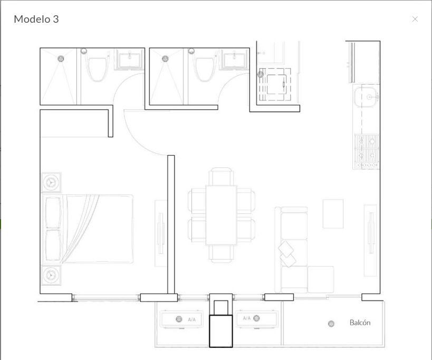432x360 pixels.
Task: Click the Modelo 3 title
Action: pyautogui.click(x=36, y=20)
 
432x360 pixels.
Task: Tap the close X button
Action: pyautogui.click(x=415, y=19)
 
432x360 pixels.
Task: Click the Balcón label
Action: pyautogui.click(x=360, y=323)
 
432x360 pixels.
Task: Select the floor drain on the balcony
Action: pyautogui.click(x=331, y=324)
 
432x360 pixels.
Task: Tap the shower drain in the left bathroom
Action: pyautogui.click(x=61, y=59)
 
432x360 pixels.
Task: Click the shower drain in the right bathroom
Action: pyautogui.click(x=165, y=59)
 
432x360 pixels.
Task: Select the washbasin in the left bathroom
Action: pyautogui.click(x=129, y=60)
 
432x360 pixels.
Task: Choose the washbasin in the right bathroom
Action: pyautogui.click(x=234, y=60)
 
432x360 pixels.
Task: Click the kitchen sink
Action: pyautogui.click(x=366, y=97)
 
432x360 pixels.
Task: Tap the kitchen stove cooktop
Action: pyautogui.click(x=367, y=151)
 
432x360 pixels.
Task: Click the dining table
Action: pyautogui.click(x=221, y=215)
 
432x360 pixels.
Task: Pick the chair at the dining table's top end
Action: pyautogui.click(x=221, y=176)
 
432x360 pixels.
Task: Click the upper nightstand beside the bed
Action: pyautogui.click(x=51, y=182)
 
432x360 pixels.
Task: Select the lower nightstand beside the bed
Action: pyautogui.click(x=51, y=275)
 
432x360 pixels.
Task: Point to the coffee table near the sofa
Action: pyautogui.click(x=333, y=214)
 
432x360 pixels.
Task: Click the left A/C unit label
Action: pyautogui.click(x=192, y=319)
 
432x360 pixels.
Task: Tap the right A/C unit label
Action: pyautogui.click(x=247, y=318)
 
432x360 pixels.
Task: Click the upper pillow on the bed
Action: pyautogui.click(x=53, y=213)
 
